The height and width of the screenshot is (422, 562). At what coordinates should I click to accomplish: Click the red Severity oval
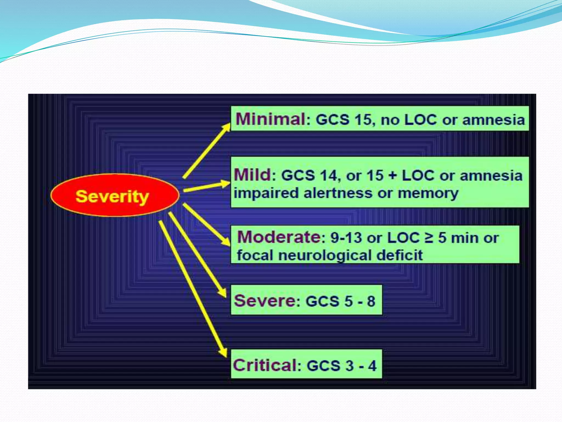click(x=115, y=195)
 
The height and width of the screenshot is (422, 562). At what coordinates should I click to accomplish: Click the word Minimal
click(x=271, y=119)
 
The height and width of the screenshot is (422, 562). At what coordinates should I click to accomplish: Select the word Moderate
click(x=279, y=237)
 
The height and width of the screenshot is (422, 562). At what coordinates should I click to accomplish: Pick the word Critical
click(x=265, y=365)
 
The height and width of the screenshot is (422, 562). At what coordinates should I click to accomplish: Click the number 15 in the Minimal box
click(x=363, y=120)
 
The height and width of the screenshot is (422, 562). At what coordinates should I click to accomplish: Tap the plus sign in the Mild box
click(x=393, y=175)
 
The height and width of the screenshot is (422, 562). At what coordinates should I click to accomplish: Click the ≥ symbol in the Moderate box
click(x=429, y=238)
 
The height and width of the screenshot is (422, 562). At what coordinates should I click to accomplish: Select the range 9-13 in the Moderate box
click(x=346, y=238)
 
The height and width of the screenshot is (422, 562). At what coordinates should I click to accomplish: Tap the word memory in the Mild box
click(x=428, y=193)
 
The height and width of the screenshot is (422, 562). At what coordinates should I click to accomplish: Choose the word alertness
click(x=338, y=193)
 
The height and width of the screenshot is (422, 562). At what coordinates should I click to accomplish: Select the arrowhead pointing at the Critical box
click(x=224, y=353)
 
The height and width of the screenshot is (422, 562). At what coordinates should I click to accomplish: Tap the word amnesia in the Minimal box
click(x=493, y=120)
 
